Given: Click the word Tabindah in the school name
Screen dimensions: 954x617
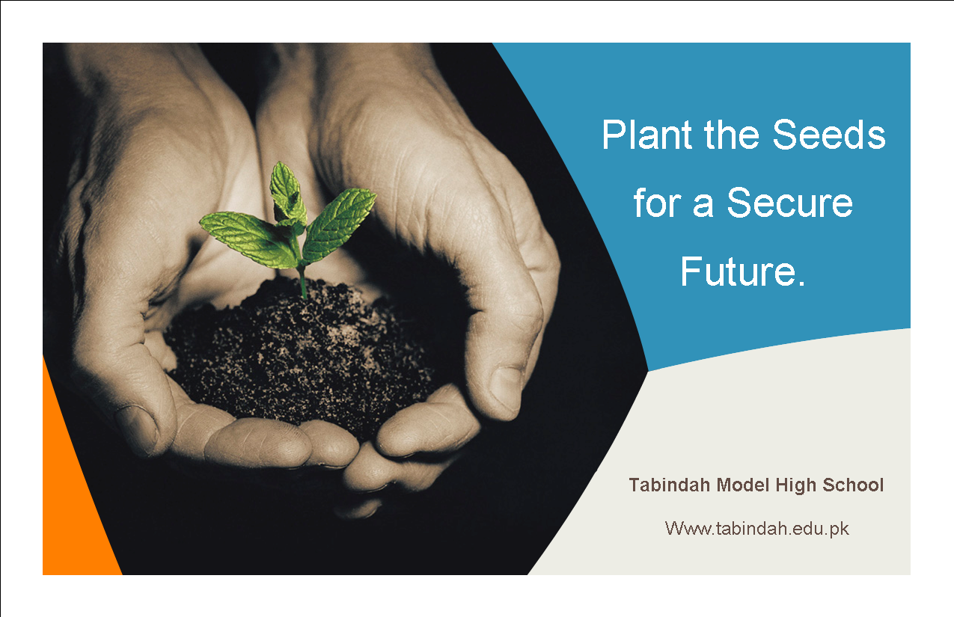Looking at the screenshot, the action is (670, 485).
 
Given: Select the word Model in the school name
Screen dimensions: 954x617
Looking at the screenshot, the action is (743, 485).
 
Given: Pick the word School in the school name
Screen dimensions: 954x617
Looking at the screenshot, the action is (853, 485).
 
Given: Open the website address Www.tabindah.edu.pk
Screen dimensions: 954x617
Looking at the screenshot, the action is (756, 529).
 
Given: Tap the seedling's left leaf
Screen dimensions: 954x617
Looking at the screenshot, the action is (247, 238).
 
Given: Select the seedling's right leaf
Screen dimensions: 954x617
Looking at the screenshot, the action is (339, 225).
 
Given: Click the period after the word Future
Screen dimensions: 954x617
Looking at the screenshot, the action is (801, 283).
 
